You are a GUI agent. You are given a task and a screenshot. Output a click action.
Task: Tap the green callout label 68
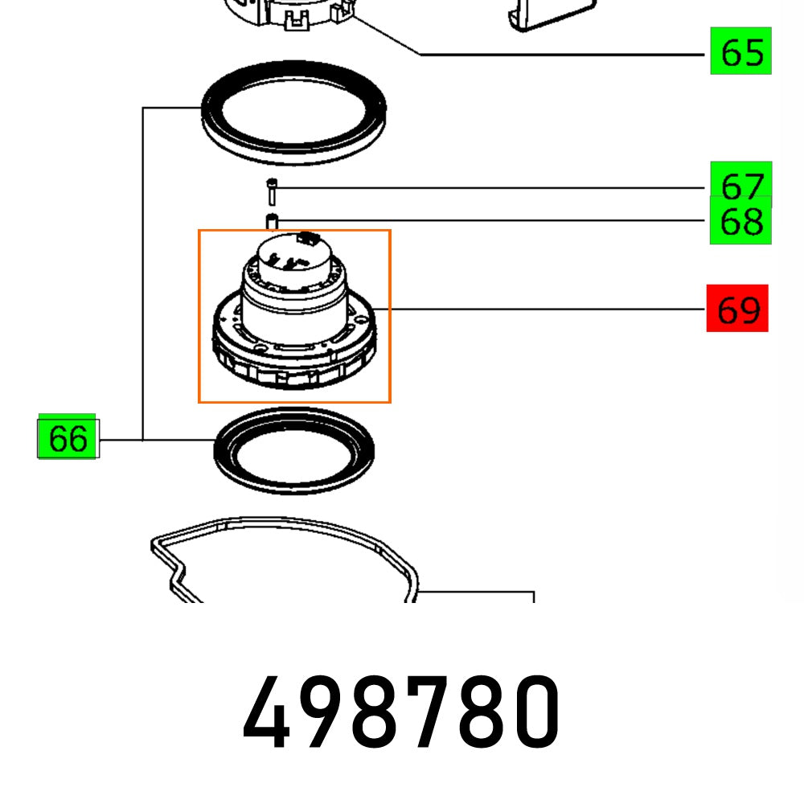pyautogui.click(x=740, y=220)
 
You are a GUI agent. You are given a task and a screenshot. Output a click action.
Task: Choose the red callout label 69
pyautogui.click(x=737, y=308)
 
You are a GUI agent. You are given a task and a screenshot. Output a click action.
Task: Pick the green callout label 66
pyautogui.click(x=68, y=438)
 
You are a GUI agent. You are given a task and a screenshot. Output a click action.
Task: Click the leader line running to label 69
pyautogui.click(x=547, y=308)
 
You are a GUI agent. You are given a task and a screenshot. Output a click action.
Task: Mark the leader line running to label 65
pyautogui.click(x=563, y=55)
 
